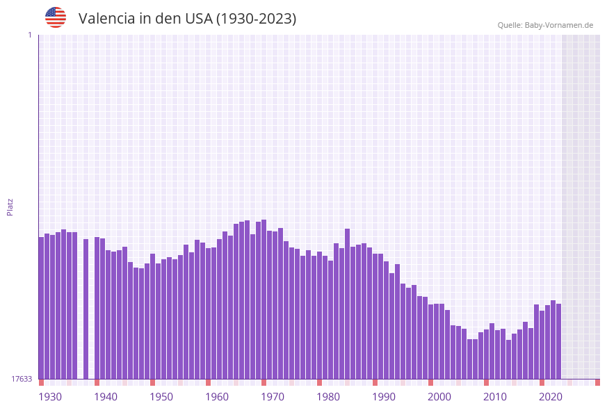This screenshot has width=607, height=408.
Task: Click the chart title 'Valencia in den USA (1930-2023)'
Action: click(x=187, y=19)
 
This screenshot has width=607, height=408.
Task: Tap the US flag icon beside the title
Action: click(x=56, y=17)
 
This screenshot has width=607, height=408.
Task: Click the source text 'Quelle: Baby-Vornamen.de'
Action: click(x=545, y=25)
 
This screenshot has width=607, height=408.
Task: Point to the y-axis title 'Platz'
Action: click(x=10, y=206)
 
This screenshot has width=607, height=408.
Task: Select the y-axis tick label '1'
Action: click(x=29, y=35)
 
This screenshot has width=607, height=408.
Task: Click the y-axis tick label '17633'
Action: click(x=22, y=379)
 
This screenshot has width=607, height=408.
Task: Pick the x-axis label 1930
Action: click(x=50, y=397)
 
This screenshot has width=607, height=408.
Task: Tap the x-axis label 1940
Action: click(x=106, y=397)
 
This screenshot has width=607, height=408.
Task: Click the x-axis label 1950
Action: click(x=161, y=397)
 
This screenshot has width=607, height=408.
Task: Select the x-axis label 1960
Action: click(x=217, y=397)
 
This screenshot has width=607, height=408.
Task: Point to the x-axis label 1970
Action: click(x=273, y=397)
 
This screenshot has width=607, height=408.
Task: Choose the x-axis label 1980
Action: click(x=328, y=397)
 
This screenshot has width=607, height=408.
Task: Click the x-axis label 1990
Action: click(x=384, y=397)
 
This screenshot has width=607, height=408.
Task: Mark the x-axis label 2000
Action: click(x=439, y=397)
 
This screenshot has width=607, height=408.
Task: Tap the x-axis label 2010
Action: click(x=495, y=397)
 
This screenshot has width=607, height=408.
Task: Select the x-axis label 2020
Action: click(x=551, y=397)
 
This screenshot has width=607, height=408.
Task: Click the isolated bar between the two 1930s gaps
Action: click(x=86, y=309)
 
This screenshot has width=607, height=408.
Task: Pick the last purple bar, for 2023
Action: click(x=558, y=341)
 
